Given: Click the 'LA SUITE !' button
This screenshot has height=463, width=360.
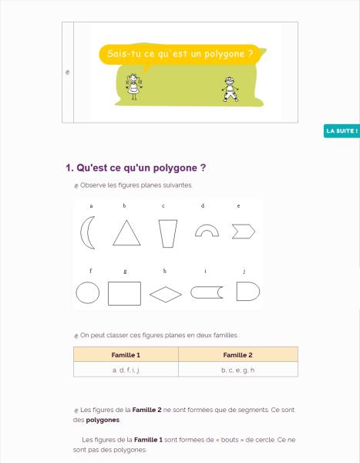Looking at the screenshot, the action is (x=341, y=131).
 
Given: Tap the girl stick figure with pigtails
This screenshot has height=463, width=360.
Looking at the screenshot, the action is (x=134, y=86).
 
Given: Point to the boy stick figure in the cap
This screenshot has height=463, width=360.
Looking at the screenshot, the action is (x=230, y=90).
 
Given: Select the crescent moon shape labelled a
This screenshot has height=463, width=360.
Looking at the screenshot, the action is (x=82, y=233).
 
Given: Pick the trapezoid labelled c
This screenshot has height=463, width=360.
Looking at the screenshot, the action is (x=168, y=233).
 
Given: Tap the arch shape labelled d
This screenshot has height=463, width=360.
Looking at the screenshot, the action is (x=207, y=228).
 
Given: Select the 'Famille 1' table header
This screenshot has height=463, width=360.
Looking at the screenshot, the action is (x=126, y=355).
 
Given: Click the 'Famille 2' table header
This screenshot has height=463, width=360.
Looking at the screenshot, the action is (x=238, y=355).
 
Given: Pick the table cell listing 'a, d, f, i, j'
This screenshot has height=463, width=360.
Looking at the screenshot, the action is (x=126, y=370).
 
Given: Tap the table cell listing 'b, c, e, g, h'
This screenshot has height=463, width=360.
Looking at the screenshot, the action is (x=238, y=370).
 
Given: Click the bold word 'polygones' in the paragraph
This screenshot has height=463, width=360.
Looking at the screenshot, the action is (x=103, y=420).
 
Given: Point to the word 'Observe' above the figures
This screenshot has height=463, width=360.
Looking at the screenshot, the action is (x=93, y=185).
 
